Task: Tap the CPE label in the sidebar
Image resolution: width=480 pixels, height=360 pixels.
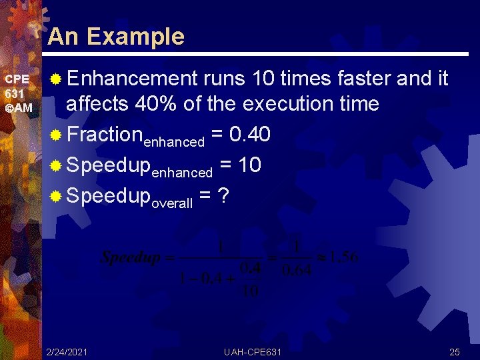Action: pos(16,79)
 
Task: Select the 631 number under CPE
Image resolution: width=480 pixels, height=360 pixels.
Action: pos(14,94)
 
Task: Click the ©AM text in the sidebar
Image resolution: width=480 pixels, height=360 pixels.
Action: pos(18,108)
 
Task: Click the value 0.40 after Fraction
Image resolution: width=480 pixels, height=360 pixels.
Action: pos(249,135)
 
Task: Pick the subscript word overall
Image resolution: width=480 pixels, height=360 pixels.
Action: pos(172,204)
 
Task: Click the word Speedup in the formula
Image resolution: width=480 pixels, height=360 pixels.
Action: pos(130,258)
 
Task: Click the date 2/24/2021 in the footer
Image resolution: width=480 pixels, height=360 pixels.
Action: pos(66,351)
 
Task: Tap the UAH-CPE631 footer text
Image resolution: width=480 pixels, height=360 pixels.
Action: pos(253,351)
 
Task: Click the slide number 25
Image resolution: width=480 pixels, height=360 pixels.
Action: pos(455,351)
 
